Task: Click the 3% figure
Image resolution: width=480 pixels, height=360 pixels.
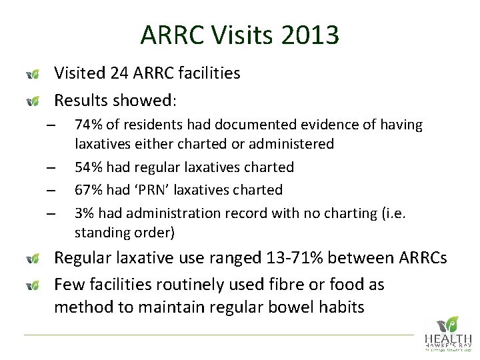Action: point(84,213)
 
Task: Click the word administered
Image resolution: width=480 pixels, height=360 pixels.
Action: point(294,144)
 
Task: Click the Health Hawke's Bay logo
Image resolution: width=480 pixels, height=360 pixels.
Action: point(447,333)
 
